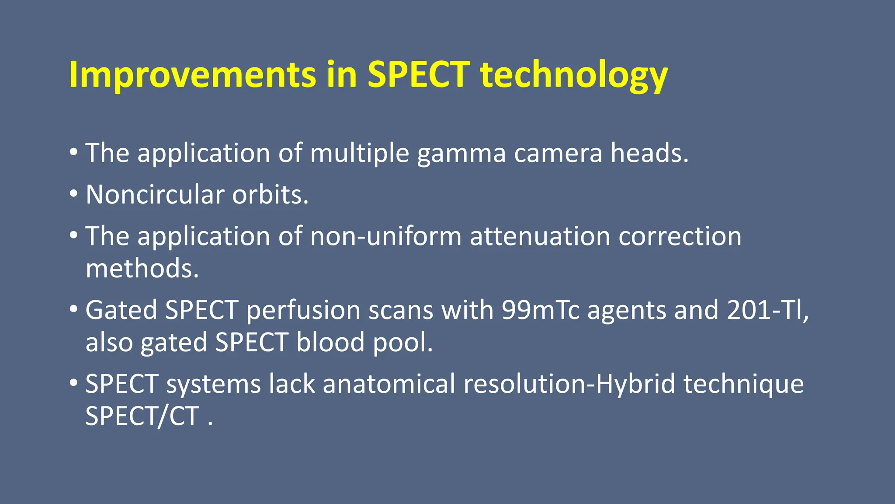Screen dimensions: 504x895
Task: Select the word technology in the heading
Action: [574, 75]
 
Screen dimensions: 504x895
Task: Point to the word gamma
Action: [461, 154]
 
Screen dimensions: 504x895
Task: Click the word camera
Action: [558, 154]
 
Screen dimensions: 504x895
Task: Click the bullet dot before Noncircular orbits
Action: [73, 194]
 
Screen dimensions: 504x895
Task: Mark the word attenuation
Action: [540, 236]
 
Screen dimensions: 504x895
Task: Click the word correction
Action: [680, 236]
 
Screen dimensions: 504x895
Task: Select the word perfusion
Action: [303, 311]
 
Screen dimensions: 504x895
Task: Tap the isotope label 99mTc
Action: [540, 310]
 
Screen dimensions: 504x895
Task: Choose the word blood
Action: [330, 342]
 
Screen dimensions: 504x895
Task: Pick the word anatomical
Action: [389, 384]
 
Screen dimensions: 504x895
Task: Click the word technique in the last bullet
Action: [743, 385]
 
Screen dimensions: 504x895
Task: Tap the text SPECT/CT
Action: [142, 416]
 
